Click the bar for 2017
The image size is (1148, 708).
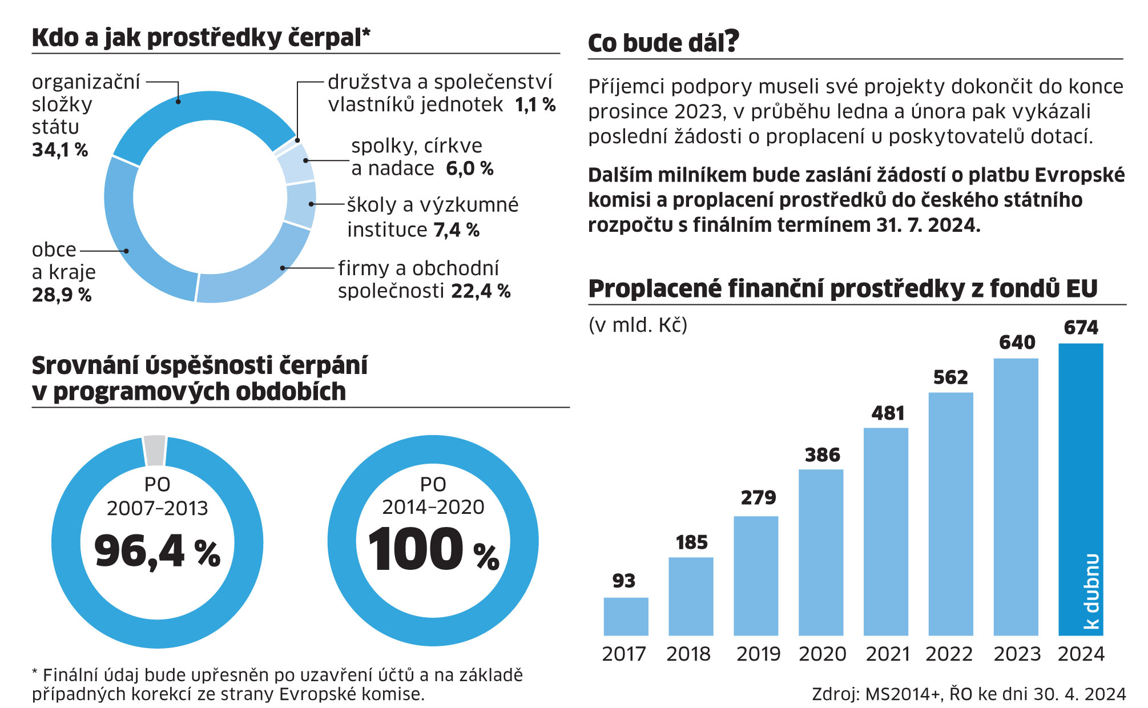(x=626, y=616)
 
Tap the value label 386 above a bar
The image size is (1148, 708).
(x=822, y=455)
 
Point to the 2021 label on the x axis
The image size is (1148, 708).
(x=887, y=654)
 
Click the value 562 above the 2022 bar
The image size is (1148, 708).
(x=950, y=377)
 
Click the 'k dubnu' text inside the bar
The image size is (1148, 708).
(x=1091, y=591)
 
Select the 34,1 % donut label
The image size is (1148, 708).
(x=60, y=150)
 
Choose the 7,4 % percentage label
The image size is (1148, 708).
(x=456, y=230)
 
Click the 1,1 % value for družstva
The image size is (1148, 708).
(x=535, y=105)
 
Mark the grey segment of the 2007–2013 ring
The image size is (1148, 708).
(x=155, y=450)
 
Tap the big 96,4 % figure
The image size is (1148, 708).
(x=157, y=552)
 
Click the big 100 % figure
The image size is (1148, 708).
(x=433, y=549)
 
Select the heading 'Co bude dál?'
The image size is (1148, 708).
(x=663, y=42)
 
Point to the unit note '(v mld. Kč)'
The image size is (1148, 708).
(x=638, y=325)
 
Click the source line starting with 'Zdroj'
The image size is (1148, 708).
(x=968, y=694)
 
